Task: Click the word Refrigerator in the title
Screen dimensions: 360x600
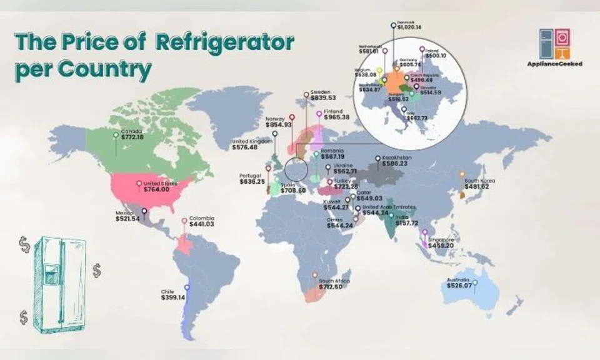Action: [x=225, y=43]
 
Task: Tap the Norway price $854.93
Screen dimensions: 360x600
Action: [x=279, y=125]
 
